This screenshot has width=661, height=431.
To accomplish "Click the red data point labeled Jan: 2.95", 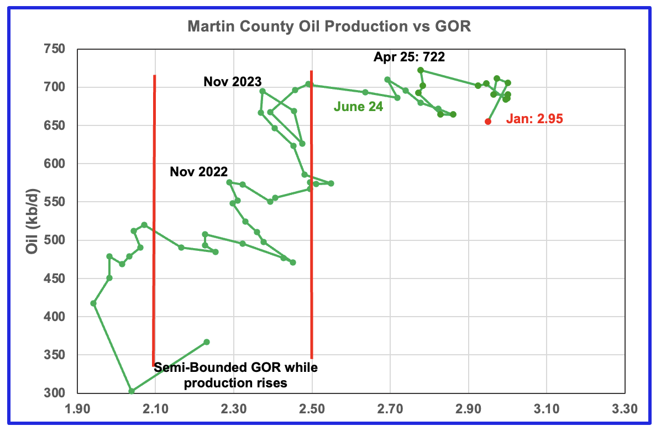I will pos(488,122).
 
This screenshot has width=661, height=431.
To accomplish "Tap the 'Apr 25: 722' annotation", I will pos(409,57).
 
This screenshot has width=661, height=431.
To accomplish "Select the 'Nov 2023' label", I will pos(232,82).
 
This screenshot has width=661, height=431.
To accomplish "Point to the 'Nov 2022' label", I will pos(198,171).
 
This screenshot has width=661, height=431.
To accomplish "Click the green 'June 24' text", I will pos(358,107).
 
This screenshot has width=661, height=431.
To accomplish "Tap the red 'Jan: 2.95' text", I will pos(534,118).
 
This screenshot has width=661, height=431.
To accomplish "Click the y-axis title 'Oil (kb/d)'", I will pos(33,221).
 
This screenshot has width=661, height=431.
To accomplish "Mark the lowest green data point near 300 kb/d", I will pos(132,391).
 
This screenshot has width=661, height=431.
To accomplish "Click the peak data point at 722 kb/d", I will pos(421,70).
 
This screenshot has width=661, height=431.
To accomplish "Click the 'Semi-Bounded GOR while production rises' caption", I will pos(236,375).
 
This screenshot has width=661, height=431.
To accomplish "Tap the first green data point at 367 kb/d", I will pos(207,342).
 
